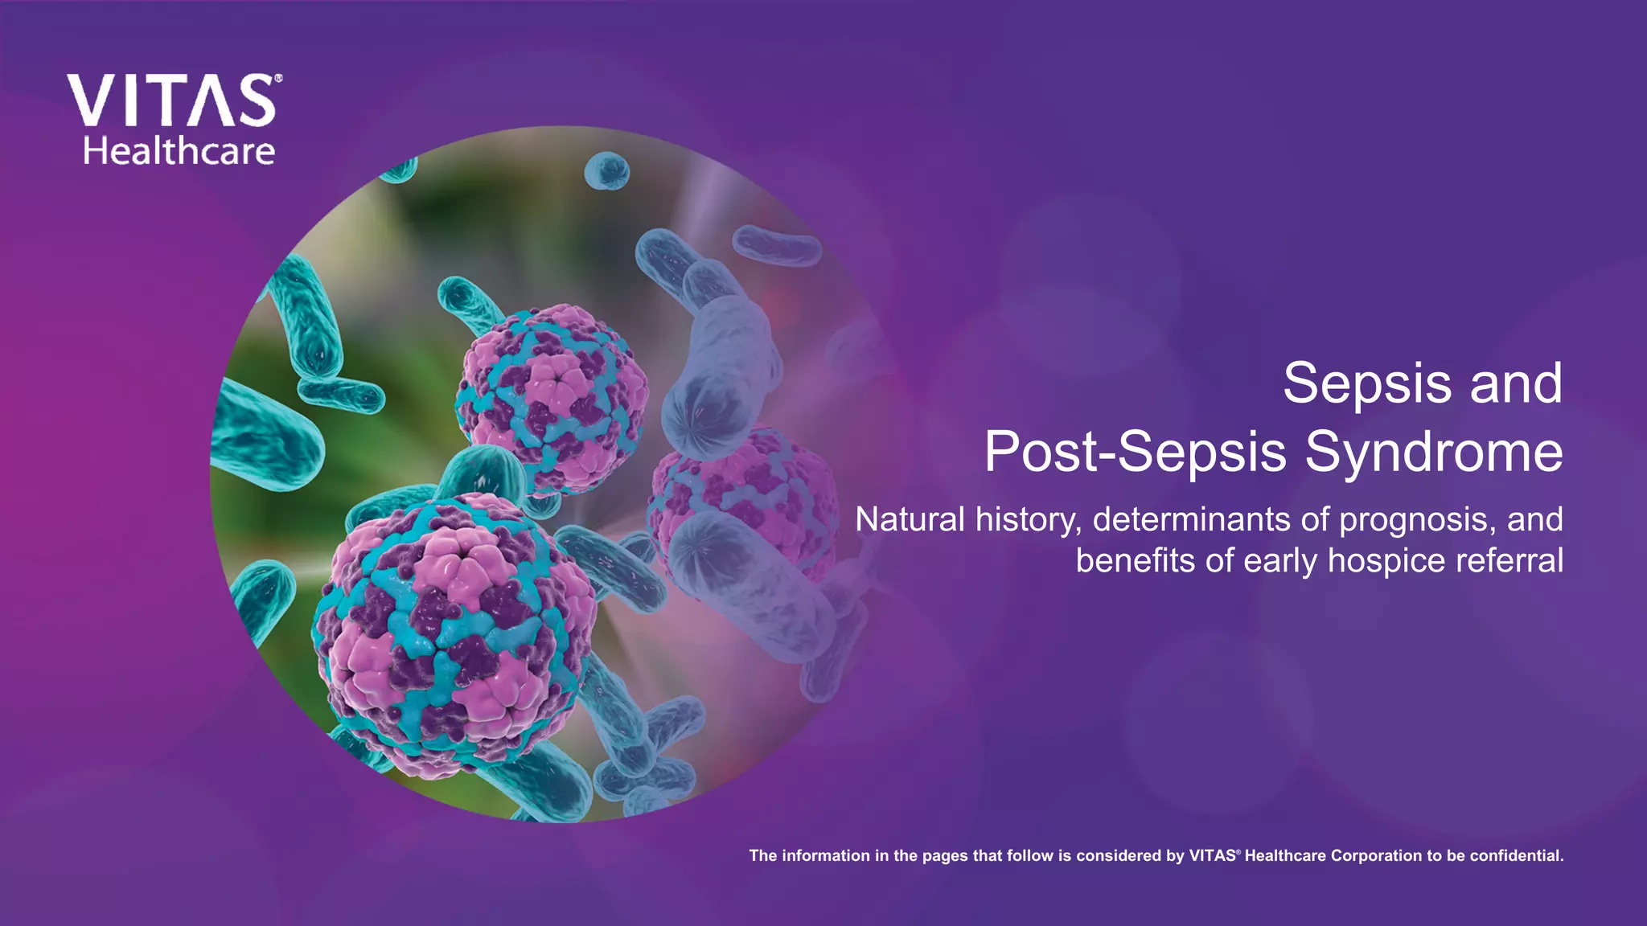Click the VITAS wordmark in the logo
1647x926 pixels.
point(170,101)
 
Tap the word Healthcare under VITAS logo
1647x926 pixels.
point(179,151)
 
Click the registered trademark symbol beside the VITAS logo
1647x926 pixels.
point(278,79)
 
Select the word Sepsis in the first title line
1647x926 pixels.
point(1366,384)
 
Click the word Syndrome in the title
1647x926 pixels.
point(1433,452)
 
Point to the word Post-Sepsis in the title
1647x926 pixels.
point(1135,452)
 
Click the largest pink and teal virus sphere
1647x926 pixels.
point(454,635)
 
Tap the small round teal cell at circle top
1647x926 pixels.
point(606,170)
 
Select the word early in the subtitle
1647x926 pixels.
point(1280,561)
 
